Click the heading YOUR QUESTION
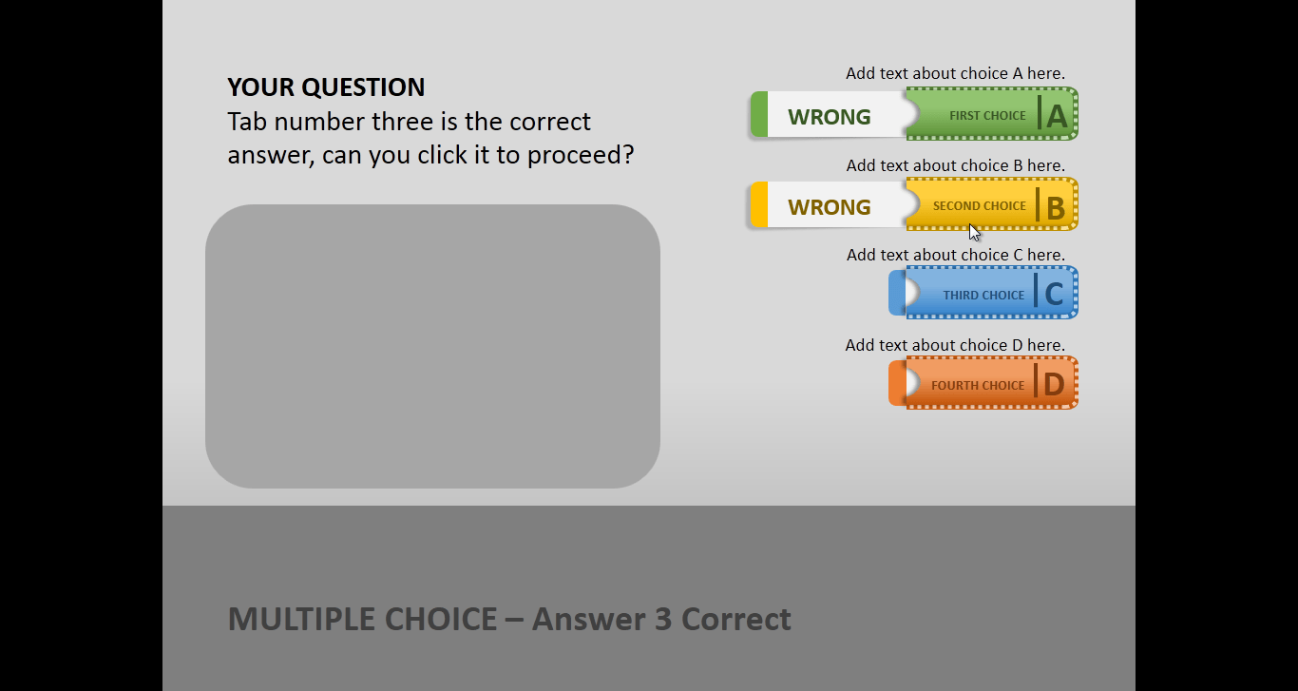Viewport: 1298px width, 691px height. pos(326,87)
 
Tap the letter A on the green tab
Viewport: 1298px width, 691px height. pos(1057,116)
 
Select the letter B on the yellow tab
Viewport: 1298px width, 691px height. pos(1055,207)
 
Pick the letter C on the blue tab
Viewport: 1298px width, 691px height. pos(1054,295)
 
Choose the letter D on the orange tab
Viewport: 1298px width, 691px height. pos(1054,385)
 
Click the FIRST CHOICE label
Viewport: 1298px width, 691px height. pos(987,116)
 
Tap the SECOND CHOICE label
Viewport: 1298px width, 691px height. pos(979,206)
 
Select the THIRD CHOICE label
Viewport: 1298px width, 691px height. pos(983,296)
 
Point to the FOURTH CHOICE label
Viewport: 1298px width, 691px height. pos(978,386)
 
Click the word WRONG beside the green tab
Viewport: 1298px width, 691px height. pos(829,117)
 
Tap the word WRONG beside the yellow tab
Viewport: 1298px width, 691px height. pos(829,207)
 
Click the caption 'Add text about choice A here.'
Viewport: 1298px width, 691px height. pos(955,73)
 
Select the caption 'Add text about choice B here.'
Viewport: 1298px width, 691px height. pos(955,165)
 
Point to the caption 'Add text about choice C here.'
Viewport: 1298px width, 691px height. pos(955,255)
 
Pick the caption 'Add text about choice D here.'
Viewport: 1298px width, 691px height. pos(955,345)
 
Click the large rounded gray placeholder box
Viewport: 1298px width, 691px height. pos(432,346)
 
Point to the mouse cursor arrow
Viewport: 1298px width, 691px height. pos(974,232)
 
